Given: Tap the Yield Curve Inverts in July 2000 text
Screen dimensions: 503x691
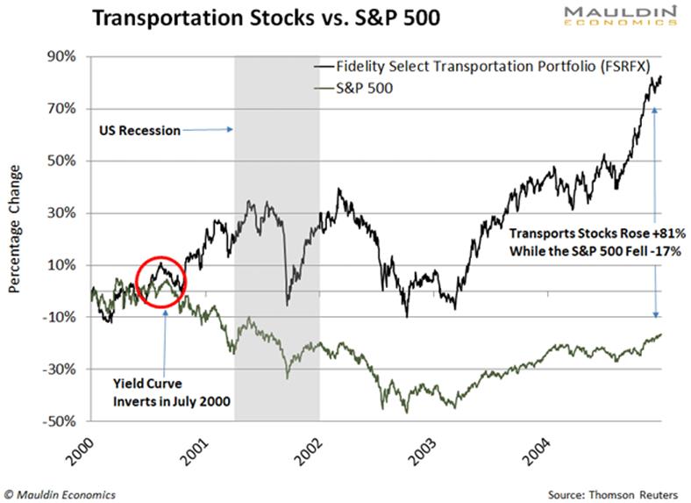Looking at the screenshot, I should pyautogui.click(x=172, y=392).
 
